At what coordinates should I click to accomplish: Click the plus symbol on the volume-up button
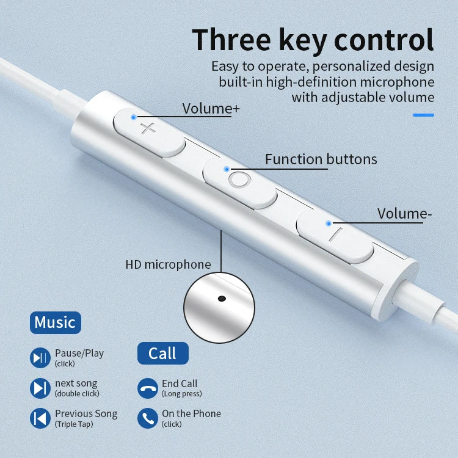[x=148, y=129]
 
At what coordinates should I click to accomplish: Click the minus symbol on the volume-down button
[x=333, y=233]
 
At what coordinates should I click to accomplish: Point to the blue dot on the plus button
[x=134, y=115]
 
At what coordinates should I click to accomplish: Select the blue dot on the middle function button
[x=227, y=169]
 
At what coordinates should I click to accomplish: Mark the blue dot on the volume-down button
[x=329, y=224]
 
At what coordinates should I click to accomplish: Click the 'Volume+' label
[x=211, y=109]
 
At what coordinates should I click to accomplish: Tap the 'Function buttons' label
[x=321, y=159]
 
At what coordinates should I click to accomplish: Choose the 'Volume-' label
[x=404, y=214]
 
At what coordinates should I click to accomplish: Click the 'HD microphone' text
[x=168, y=264]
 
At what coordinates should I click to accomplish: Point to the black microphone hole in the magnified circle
[x=221, y=299]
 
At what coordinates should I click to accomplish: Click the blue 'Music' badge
[x=55, y=322]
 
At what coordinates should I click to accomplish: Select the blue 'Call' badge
[x=162, y=353]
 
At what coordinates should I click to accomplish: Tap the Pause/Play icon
[x=40, y=358]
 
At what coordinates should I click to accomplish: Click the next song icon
[x=40, y=388]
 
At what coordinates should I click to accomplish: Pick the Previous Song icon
[x=40, y=418]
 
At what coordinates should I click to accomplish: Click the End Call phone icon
[x=147, y=388]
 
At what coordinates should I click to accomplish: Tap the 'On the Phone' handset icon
[x=147, y=418]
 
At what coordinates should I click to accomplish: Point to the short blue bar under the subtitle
[x=423, y=115]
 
